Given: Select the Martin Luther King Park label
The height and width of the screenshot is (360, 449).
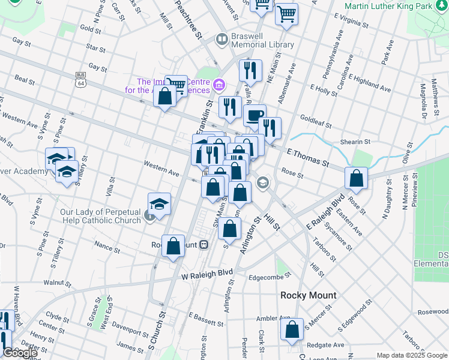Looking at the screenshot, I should [396, 6].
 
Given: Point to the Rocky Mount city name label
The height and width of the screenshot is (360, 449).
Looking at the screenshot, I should [309, 295].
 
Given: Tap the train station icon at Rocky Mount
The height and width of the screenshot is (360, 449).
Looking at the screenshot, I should [205, 244].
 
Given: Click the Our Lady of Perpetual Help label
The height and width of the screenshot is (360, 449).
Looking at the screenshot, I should [100, 216].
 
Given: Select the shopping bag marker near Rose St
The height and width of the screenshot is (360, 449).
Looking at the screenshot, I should [357, 178].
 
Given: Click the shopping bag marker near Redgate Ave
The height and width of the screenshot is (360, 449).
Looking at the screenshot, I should [292, 330].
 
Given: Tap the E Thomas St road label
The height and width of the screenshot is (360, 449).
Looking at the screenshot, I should [308, 158].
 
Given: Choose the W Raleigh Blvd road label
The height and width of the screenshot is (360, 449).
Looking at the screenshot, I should [207, 275].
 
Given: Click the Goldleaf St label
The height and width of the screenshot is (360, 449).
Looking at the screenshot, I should [316, 122].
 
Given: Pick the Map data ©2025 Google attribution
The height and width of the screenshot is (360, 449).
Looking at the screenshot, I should [411, 355].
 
